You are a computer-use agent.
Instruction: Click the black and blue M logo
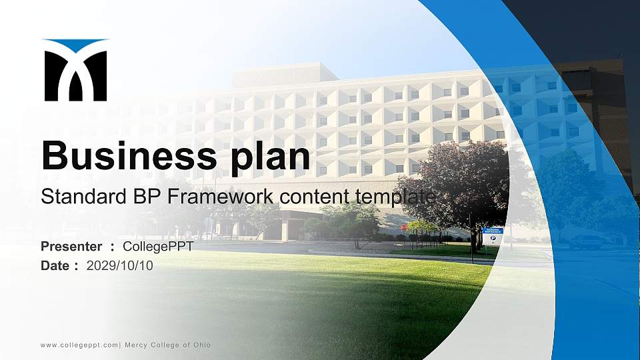[75, 71]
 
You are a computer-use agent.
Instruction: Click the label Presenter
[71, 247]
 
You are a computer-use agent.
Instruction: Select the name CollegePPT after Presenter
[158, 247]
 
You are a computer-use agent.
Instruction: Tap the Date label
[55, 266]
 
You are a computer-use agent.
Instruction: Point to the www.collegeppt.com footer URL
[79, 345]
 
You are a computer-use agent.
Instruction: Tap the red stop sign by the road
[404, 227]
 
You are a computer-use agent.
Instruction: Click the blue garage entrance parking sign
[493, 235]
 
